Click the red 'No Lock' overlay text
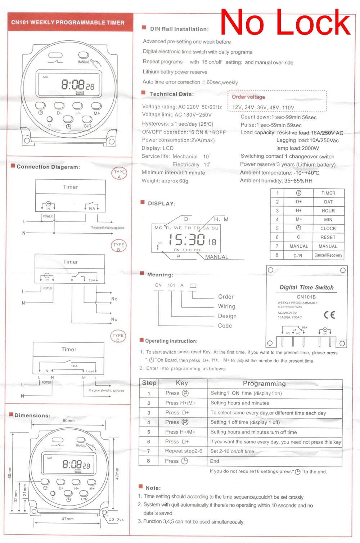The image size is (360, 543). click(x=285, y=22)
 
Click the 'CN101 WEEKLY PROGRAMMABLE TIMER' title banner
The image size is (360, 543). click(x=68, y=22)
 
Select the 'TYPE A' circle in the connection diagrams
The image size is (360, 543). click(x=119, y=174)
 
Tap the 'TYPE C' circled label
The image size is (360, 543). click(x=118, y=337)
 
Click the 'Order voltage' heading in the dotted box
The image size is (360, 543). click(x=248, y=97)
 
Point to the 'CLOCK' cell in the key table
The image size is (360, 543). click(x=328, y=228)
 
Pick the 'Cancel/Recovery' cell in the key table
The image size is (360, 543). click(x=328, y=255)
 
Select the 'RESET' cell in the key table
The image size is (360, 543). click(x=328, y=237)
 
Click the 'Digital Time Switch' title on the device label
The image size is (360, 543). click(x=306, y=287)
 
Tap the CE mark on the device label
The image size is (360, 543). click(x=329, y=315)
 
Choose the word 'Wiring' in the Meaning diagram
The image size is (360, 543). click(x=226, y=306)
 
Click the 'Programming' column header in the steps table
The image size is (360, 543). click(x=264, y=383)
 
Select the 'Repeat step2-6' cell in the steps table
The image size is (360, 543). click(x=184, y=451)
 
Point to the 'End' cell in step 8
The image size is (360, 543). click(x=215, y=461)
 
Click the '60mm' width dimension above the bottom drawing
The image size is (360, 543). click(x=69, y=421)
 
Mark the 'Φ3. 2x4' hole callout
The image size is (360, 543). click(x=116, y=520)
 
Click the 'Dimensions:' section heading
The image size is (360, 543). click(x=32, y=415)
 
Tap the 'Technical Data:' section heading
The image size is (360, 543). click(x=171, y=94)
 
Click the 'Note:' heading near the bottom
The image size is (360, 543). click(x=153, y=488)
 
